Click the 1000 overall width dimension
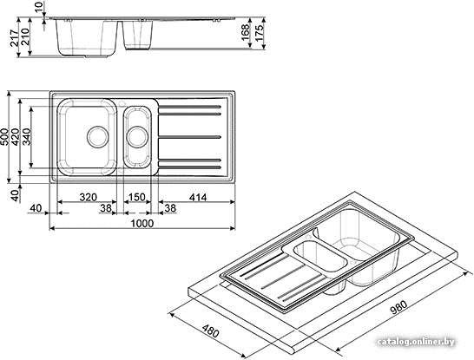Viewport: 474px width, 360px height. pyautogui.click(x=142, y=224)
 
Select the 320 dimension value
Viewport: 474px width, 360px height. pyautogui.click(x=89, y=197)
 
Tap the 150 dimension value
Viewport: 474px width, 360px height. pyautogui.click(x=137, y=197)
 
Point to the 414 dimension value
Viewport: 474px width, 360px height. pyautogui.click(x=198, y=197)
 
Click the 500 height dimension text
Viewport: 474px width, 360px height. pyautogui.click(x=4, y=137)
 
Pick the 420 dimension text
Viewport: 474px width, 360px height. pyautogui.click(x=15, y=137)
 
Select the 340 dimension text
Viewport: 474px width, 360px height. pyautogui.click(x=26, y=137)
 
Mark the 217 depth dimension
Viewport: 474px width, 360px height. pyautogui.click(x=14, y=37)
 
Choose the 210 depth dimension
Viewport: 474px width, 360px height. pyautogui.click(x=25, y=37)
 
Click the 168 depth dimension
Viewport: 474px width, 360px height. pyautogui.click(x=245, y=32)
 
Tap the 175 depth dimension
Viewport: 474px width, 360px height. pyautogui.click(x=259, y=32)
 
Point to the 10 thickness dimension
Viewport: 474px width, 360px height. pyautogui.click(x=39, y=7)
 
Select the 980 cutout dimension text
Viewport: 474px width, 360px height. pyautogui.click(x=398, y=307)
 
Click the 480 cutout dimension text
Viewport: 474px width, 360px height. pyautogui.click(x=210, y=331)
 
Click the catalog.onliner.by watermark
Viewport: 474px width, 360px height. pyautogui.click(x=416, y=342)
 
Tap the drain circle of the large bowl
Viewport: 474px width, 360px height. pyautogui.click(x=97, y=136)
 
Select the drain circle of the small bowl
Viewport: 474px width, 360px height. pyautogui.click(x=137, y=137)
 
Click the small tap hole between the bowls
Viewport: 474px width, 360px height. pyautogui.click(x=122, y=104)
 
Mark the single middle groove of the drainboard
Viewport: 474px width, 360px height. pyautogui.click(x=190, y=137)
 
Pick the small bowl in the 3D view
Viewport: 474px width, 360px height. pyautogui.click(x=320, y=258)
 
